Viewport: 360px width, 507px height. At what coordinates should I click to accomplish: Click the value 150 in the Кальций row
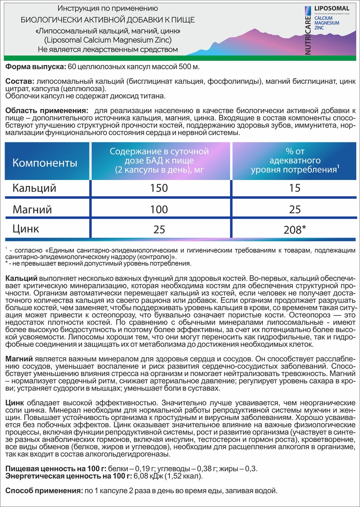coord(159,188)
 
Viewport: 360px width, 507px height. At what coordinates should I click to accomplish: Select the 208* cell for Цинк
coord(295,230)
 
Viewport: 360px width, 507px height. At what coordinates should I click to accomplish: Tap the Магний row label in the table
coord(33,209)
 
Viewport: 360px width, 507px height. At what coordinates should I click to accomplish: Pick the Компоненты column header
coord(45,163)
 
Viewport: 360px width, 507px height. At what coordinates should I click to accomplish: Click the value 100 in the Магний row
coord(159,209)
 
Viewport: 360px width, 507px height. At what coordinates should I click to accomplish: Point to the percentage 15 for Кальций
coord(295,188)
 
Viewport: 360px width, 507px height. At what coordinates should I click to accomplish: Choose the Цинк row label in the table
coord(26,229)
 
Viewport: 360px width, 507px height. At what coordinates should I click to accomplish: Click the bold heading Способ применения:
coord(44,491)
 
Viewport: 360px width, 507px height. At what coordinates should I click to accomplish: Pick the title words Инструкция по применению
coord(108,8)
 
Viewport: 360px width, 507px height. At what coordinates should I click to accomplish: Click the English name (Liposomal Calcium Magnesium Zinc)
coord(108,40)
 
